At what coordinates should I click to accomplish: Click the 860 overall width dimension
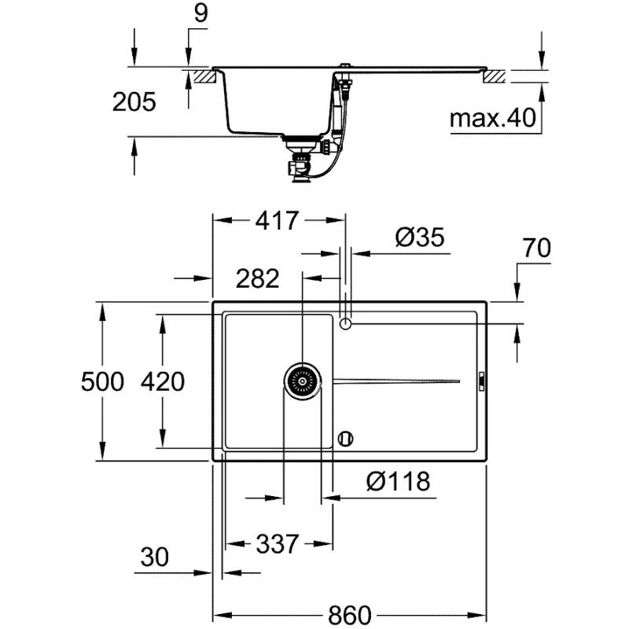point(350,614)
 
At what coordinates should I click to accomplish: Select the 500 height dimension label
point(103,381)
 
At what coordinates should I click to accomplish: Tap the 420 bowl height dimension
point(163,381)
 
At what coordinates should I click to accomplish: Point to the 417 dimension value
point(278,220)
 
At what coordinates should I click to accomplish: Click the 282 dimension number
point(258,278)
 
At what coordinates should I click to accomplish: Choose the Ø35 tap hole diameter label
point(420,237)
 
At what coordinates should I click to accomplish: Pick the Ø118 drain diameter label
point(399,481)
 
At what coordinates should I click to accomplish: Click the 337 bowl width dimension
point(278,544)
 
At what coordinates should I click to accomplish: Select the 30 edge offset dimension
point(154,557)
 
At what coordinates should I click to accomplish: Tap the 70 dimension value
point(536,248)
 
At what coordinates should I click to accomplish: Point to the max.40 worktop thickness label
point(493,118)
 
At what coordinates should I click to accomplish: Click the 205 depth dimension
point(134,102)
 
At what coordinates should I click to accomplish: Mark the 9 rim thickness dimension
point(200,13)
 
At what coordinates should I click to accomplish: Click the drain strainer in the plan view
point(303,381)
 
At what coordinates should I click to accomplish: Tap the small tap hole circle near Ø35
point(345,323)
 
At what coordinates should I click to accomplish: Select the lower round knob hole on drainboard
point(345,439)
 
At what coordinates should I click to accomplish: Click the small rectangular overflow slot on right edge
point(482,381)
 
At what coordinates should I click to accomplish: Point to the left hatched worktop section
point(205,76)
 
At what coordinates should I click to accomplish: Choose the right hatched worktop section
point(495,76)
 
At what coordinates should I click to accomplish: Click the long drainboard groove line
point(396,381)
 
